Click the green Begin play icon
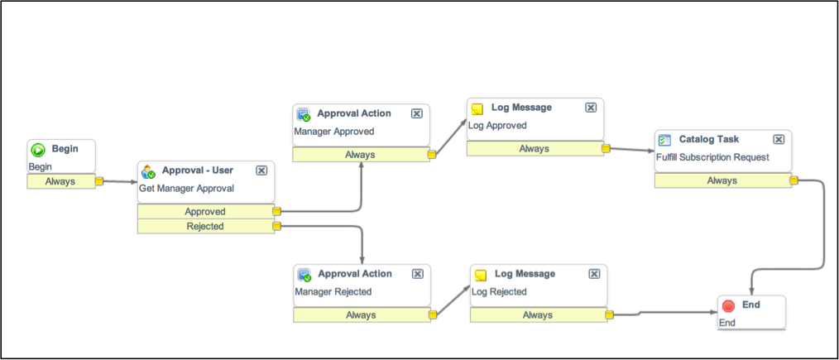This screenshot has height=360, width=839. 38,150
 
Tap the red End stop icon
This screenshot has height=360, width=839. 728,305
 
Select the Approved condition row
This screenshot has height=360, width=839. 205,211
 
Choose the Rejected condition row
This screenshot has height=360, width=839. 205,226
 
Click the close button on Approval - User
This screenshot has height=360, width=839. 261,170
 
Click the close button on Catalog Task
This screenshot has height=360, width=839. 779,140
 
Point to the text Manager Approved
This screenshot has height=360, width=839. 334,131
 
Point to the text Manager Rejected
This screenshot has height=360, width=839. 333,291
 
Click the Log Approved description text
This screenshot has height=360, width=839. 497,126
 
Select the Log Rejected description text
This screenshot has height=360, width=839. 499,291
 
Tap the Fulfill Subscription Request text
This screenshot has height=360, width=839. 712,157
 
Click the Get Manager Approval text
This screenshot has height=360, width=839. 186,188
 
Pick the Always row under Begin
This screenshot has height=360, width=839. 60,181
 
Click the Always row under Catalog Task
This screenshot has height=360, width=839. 722,180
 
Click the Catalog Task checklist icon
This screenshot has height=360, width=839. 664,140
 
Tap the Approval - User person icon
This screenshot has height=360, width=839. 148,171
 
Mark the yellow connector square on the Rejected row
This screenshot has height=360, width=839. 276,226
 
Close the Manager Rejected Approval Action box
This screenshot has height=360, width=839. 417,274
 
